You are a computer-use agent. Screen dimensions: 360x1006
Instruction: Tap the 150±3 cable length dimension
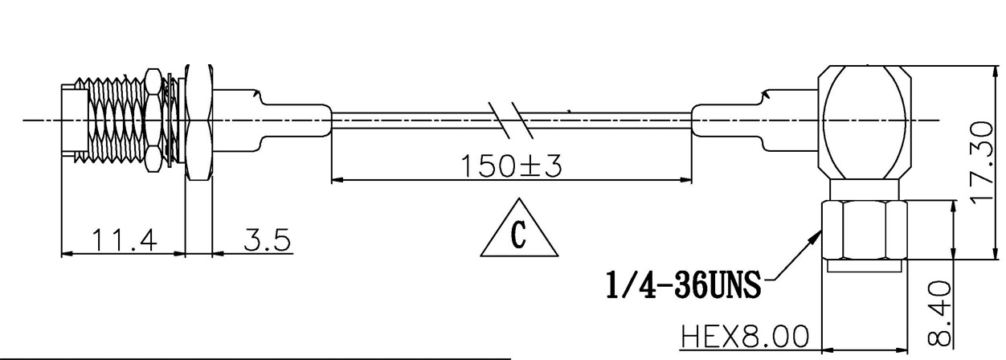coord(511,166)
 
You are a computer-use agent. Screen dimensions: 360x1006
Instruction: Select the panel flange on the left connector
coord(197,121)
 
